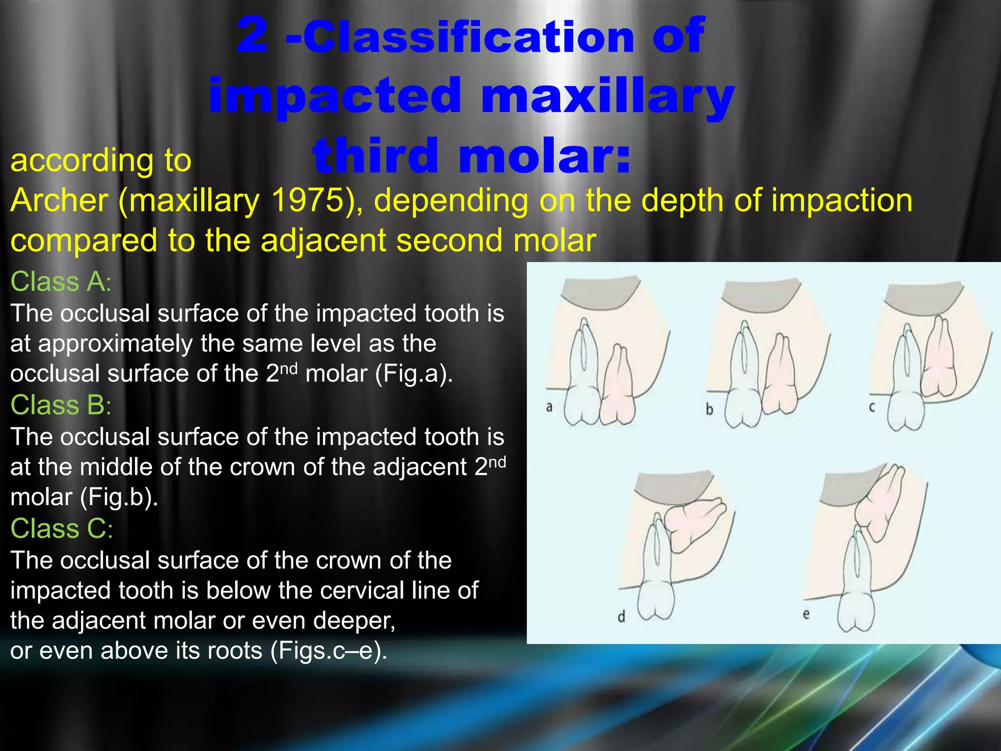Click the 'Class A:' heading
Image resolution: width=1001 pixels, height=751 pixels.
coord(61,282)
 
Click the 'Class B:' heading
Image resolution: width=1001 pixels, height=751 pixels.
coord(61,405)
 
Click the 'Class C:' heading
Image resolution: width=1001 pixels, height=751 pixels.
coord(62,529)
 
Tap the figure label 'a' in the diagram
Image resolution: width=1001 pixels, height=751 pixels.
coord(549,407)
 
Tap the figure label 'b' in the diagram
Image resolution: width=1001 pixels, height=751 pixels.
coord(709,409)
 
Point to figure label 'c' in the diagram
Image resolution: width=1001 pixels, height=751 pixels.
coord(872,407)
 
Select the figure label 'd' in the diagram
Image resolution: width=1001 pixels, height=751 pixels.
coord(621,617)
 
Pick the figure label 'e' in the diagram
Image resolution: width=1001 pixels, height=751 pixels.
coord(806,614)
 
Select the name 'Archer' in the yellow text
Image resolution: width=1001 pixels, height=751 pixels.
coord(59,200)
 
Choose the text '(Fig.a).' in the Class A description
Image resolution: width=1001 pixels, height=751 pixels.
coord(414,374)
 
